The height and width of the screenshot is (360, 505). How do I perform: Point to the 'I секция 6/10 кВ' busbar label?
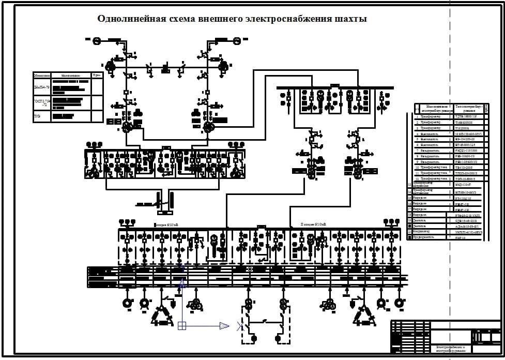(166, 225)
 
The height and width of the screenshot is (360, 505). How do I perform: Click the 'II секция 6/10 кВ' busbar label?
(313, 225)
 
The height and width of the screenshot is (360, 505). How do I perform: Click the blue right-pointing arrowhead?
(224, 326)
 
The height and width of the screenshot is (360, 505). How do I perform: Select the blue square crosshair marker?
(181, 326)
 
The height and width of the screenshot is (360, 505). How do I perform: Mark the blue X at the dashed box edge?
(240, 326)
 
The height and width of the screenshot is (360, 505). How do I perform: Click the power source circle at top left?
(96, 40)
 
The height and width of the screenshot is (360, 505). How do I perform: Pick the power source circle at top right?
(237, 40)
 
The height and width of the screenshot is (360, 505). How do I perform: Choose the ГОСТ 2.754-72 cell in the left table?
(41, 101)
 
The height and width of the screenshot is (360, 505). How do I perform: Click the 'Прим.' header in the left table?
(97, 76)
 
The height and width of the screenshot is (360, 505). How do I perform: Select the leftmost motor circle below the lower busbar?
(127, 303)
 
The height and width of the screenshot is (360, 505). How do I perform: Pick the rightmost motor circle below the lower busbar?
(398, 303)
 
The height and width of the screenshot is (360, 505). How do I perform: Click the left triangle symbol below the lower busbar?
(162, 316)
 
